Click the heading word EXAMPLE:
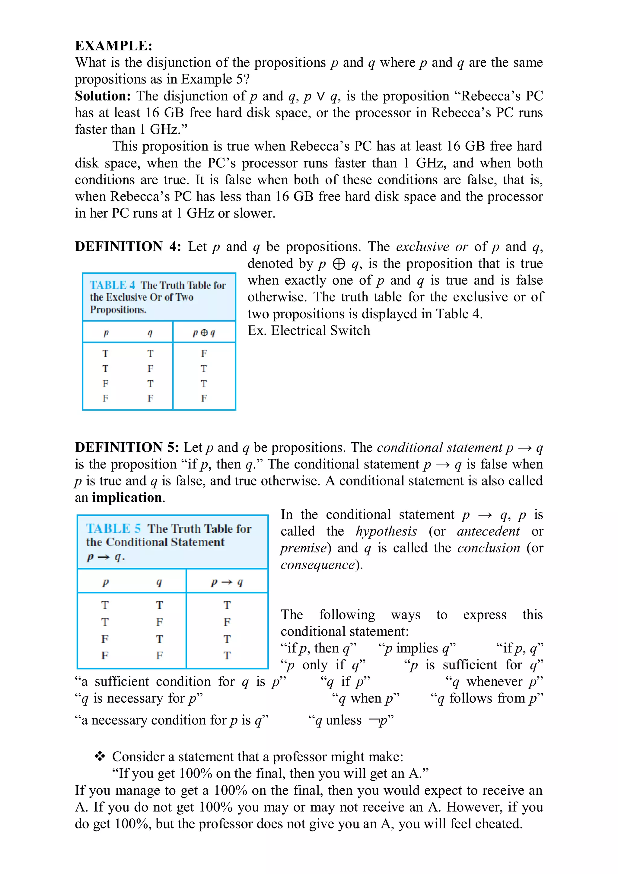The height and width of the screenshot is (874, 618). point(113,46)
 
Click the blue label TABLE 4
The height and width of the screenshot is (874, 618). point(112,285)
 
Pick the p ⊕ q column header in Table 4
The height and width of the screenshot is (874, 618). point(204,333)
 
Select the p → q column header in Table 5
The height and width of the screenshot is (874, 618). point(227,582)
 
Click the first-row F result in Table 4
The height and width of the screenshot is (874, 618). point(204,354)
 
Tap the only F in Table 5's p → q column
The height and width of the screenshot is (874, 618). point(227,622)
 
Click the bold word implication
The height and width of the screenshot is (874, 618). point(127,497)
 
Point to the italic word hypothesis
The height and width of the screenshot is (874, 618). point(386,531)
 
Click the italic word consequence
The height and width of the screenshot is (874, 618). point(317,564)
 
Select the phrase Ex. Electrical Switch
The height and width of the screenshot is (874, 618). point(308,330)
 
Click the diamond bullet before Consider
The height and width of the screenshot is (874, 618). point(100,756)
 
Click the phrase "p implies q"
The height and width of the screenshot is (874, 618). point(417,648)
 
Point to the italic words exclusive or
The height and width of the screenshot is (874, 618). point(432,247)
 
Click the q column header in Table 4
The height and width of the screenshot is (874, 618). point(150,333)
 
